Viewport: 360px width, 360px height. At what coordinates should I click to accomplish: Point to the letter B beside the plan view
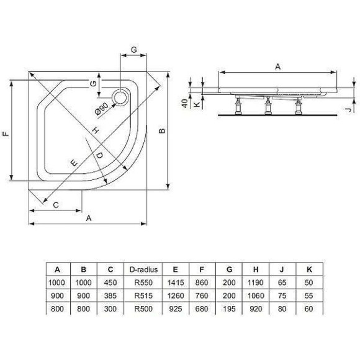(162, 131)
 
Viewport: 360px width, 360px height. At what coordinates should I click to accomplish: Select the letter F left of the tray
(5, 133)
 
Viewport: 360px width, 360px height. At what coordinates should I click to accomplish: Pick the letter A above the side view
(277, 65)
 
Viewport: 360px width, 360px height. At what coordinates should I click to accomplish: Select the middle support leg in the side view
(268, 107)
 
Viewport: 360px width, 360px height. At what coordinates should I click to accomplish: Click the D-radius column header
(144, 269)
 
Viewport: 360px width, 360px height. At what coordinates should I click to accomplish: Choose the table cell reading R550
(144, 282)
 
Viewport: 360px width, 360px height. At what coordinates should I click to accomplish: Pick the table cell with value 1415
(176, 282)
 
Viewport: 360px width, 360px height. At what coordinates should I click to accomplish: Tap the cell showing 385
(110, 295)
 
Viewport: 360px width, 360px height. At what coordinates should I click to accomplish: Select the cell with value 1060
(255, 295)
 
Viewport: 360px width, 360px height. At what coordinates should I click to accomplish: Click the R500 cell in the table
(144, 307)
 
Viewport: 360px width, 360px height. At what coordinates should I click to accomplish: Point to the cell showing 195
(229, 307)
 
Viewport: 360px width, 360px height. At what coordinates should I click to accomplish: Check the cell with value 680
(202, 307)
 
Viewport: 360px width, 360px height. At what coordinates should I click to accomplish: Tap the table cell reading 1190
(255, 282)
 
